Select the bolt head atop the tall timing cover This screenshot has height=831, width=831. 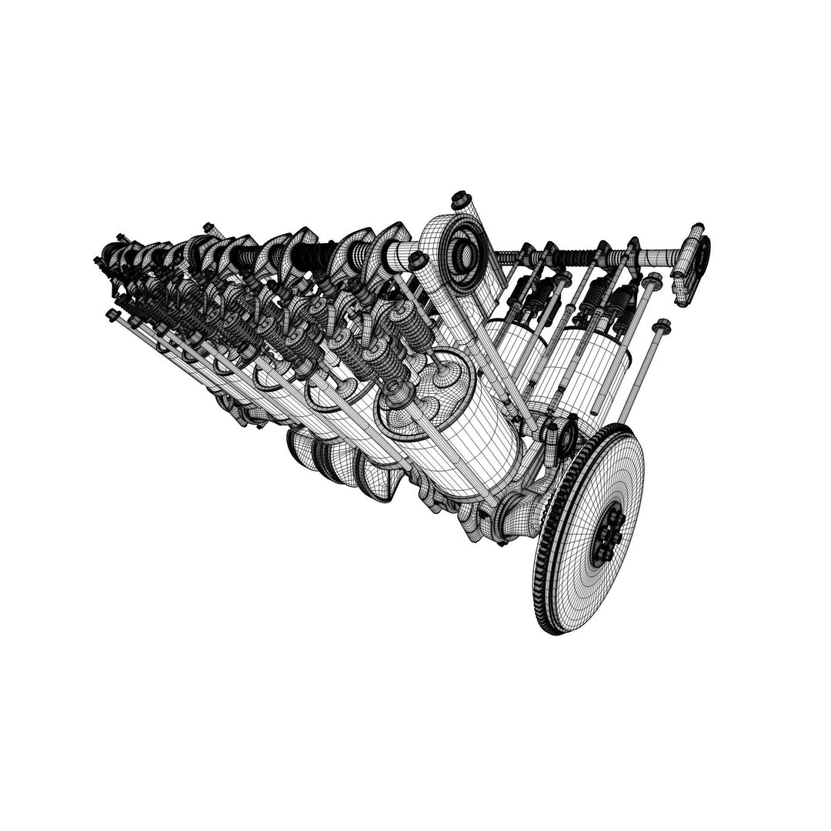[x=461, y=199]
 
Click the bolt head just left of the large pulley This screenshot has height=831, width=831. [x=417, y=260]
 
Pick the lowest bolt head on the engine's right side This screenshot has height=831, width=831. [x=660, y=326]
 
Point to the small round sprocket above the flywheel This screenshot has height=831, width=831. [x=568, y=436]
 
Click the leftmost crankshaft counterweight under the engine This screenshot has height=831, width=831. [x=304, y=450]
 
